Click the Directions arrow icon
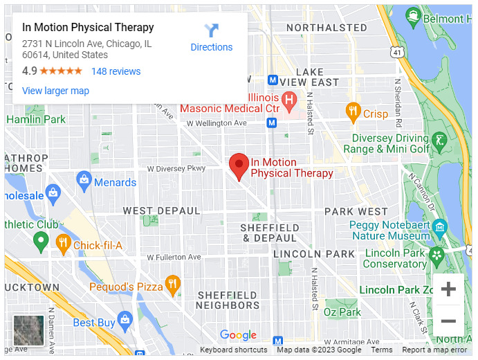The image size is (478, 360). point(211,31)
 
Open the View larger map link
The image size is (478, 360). point(55,91)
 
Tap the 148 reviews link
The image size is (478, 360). point(116,71)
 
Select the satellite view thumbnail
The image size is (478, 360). point(28,330)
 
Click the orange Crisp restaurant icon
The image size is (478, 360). point(353,112)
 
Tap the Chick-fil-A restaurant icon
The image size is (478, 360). point(64,243)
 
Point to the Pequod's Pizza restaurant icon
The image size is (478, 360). point(172,285)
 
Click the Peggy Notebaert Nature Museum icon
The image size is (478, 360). point(439,228)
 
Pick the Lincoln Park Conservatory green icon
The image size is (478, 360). point(436,256)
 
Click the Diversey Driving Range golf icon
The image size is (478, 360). point(439,143)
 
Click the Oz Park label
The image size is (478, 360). point(342,312)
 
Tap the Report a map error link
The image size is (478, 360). point(434,350)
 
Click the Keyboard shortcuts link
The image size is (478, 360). point(234,350)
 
